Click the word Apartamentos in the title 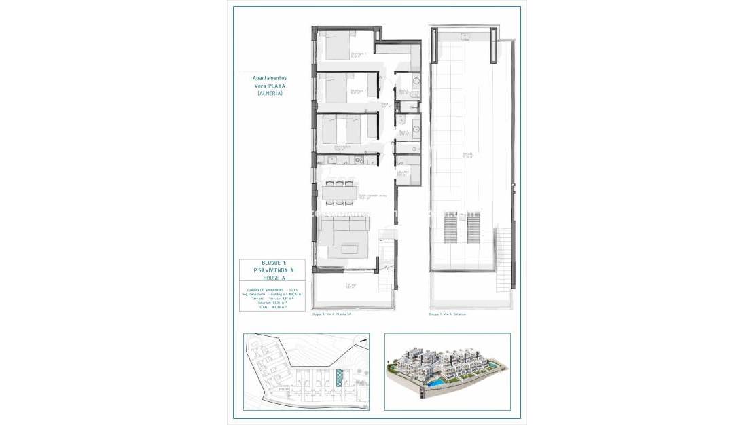(x=270, y=78)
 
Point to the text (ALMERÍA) (x=270, y=93)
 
